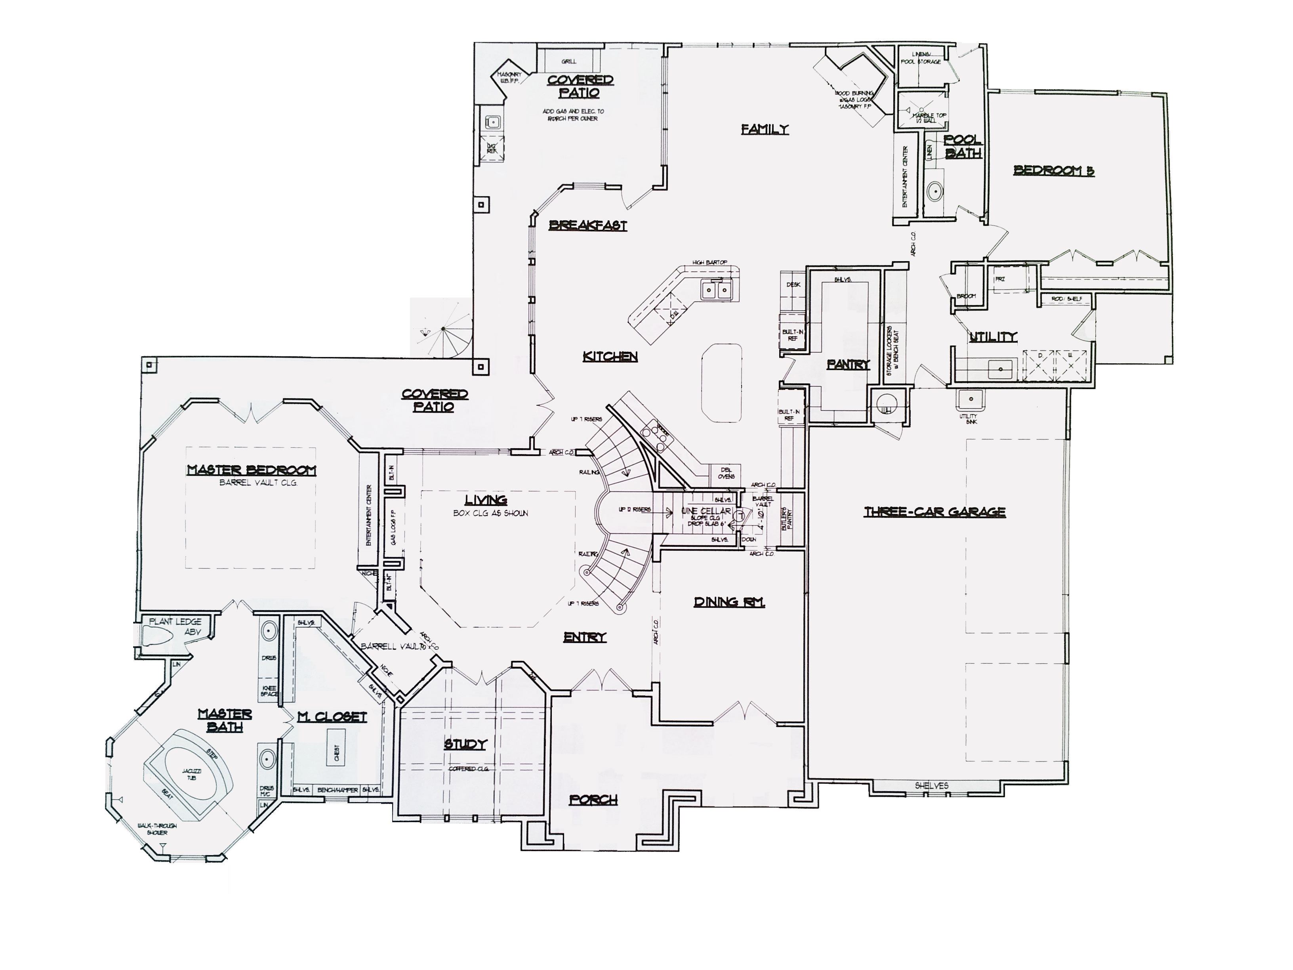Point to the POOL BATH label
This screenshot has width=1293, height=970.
(x=963, y=147)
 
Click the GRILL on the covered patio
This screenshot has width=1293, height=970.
(x=568, y=61)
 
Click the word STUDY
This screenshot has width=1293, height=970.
(x=465, y=744)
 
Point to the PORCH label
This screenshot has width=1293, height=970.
(x=593, y=799)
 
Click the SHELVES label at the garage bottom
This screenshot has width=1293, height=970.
(x=931, y=786)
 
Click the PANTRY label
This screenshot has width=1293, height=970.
(x=848, y=364)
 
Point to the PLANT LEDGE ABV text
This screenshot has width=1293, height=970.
(x=175, y=626)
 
